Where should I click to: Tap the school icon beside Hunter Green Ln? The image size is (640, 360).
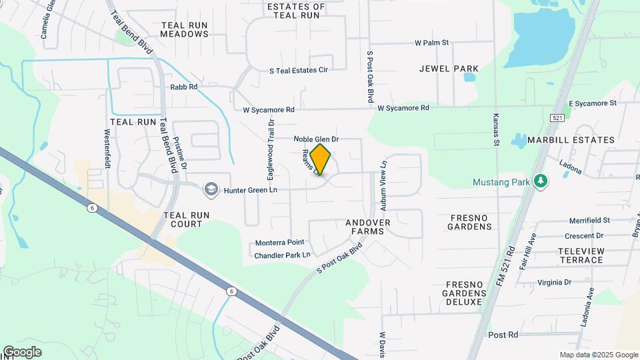coord(211,189)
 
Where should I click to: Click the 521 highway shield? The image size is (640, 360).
coord(558,117)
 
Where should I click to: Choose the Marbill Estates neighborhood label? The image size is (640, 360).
coord(571,140)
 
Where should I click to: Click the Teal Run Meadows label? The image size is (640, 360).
coord(185,29)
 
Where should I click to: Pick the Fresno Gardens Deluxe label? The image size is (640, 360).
coord(472,293)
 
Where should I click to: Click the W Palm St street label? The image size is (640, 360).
coord(432,43)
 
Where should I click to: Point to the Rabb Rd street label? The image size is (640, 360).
coord(184,87)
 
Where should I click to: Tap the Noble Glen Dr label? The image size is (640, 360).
coord(317,139)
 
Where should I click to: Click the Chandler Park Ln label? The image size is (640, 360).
coord(283,255)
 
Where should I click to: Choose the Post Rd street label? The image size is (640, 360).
coord(503,335)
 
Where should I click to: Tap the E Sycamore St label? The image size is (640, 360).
coord(593,103)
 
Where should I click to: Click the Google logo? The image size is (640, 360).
coord(22,352)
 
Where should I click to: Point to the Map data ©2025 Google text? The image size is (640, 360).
coord(599,355)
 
